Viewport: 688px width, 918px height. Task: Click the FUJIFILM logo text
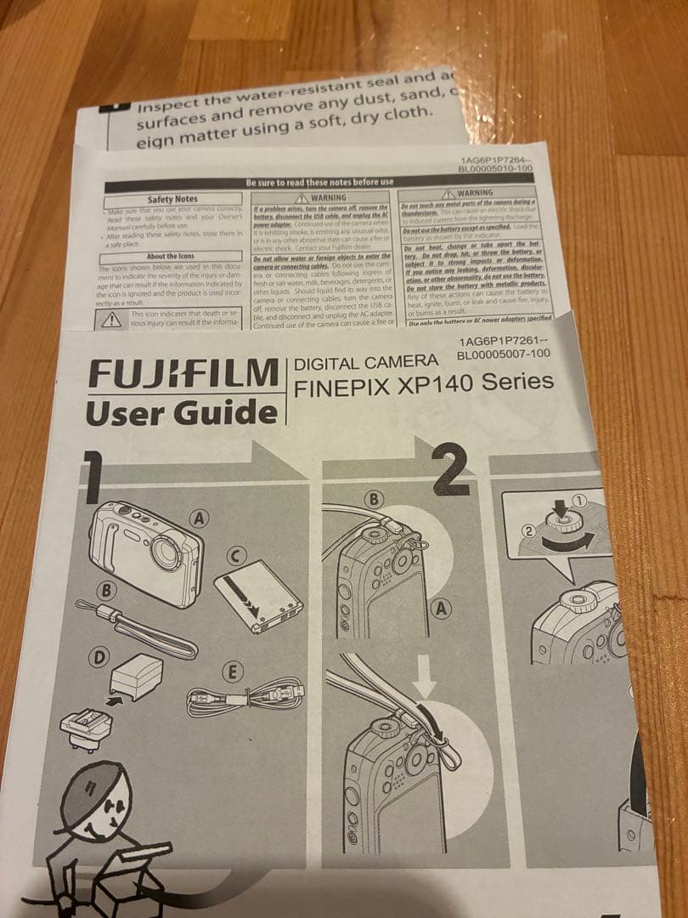tap(183, 373)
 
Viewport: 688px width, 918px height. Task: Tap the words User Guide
tap(182, 413)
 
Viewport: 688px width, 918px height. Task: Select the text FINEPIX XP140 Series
tap(423, 384)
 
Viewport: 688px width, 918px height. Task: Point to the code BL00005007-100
tap(503, 354)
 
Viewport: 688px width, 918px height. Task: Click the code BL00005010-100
tap(495, 169)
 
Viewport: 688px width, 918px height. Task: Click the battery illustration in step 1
tap(258, 600)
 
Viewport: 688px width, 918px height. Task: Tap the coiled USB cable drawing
tap(242, 700)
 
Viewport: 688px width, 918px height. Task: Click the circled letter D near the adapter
tap(100, 657)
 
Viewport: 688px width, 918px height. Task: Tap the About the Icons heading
tap(169, 256)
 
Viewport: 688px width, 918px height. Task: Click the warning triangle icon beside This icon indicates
tap(111, 320)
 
